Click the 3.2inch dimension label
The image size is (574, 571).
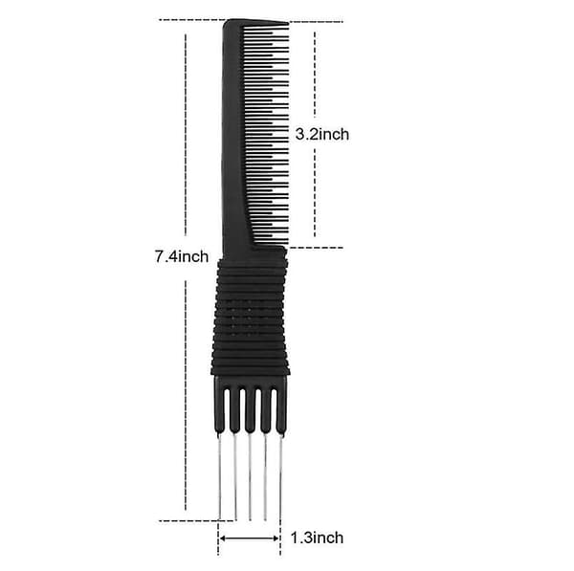pyautogui.click(x=322, y=135)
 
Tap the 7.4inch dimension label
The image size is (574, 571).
pyautogui.click(x=182, y=256)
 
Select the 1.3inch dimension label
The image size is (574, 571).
pyautogui.click(x=317, y=538)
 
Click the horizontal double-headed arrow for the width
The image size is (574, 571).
pyautogui.click(x=250, y=538)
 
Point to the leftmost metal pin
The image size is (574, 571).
pyautogui.click(x=220, y=476)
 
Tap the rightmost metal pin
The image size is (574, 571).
pyautogui.click(x=280, y=476)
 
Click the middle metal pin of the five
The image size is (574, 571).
pyautogui.click(x=250, y=476)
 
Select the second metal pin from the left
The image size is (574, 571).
pyautogui.click(x=235, y=476)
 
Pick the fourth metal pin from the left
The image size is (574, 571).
pyautogui.click(x=265, y=476)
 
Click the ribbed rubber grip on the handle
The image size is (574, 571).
pyautogui.click(x=251, y=317)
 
